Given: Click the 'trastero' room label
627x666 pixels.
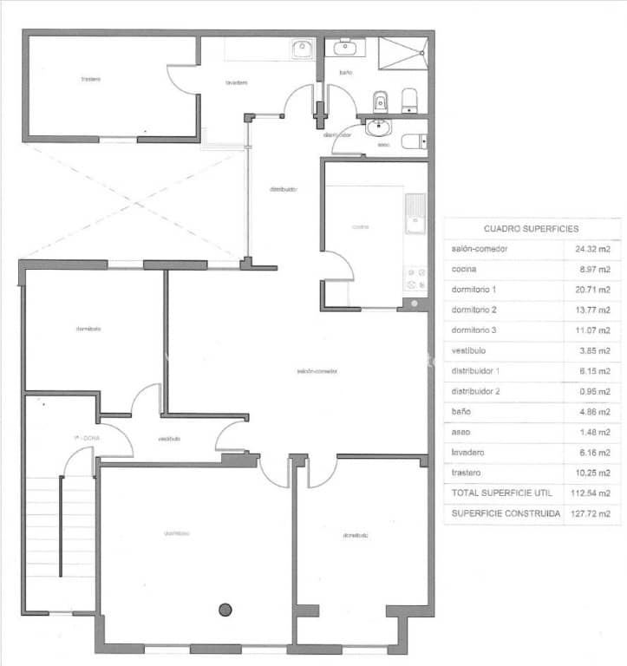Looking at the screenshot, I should point(91,79).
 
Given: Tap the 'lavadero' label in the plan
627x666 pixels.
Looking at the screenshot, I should point(237,83).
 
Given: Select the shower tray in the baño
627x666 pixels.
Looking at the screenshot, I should point(403,58).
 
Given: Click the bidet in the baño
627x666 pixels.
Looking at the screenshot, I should point(379,103).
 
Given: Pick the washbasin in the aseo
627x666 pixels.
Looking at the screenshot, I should point(379,129).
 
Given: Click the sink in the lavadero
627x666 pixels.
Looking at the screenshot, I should point(303,49).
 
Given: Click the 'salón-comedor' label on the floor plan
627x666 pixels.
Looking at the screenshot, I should point(317,371).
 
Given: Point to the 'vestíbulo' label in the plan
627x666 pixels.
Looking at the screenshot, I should point(169,439).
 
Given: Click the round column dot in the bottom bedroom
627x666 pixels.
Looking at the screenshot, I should point(225,609).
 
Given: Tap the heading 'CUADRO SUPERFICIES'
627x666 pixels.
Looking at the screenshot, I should point(532,229).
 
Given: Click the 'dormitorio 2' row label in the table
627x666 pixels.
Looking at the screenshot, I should point(474,310).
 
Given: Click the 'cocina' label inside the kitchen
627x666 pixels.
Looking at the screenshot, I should point(360,227).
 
